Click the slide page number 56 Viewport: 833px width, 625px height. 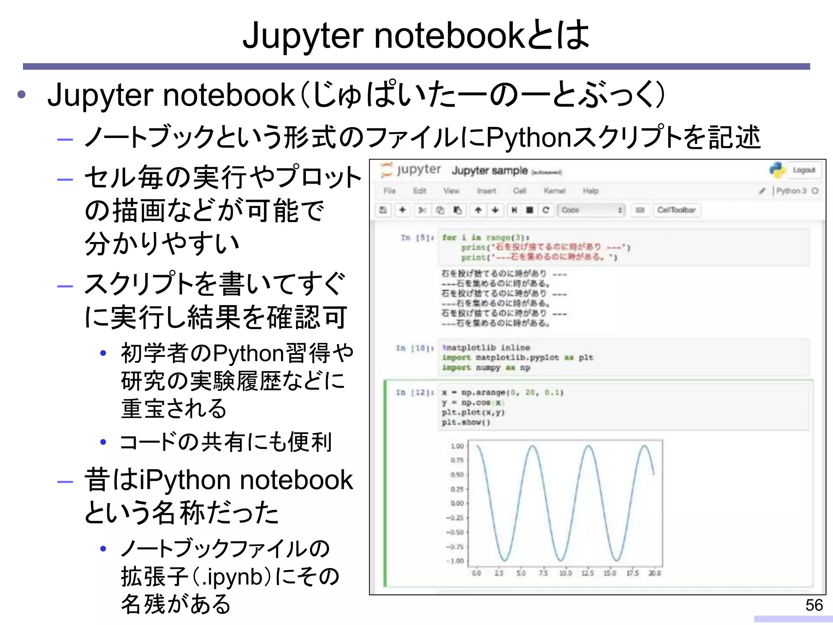pyautogui.click(x=814, y=605)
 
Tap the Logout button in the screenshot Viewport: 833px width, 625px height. pyautogui.click(x=804, y=170)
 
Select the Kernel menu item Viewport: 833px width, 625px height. pyautogui.click(x=554, y=191)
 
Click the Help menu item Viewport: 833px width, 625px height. pyautogui.click(x=591, y=191)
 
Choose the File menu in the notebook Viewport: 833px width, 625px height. pyautogui.click(x=389, y=191)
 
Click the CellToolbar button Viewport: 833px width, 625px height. pyautogui.click(x=676, y=210)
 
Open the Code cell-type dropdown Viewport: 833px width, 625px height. pyautogui.click(x=591, y=210)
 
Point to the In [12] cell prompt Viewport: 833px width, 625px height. pyautogui.click(x=414, y=393)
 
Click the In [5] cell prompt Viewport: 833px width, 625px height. pyautogui.click(x=417, y=238)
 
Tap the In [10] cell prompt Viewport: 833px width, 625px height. pyautogui.click(x=414, y=348)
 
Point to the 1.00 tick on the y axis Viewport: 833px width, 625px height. pyautogui.click(x=457, y=446)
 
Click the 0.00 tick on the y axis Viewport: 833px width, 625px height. pyautogui.click(x=457, y=503)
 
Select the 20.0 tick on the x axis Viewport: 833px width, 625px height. pyautogui.click(x=654, y=573)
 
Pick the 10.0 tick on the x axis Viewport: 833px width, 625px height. pyautogui.click(x=565, y=573)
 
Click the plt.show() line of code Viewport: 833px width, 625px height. pyautogui.click(x=466, y=422)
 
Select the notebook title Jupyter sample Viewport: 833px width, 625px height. pyautogui.click(x=489, y=170)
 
